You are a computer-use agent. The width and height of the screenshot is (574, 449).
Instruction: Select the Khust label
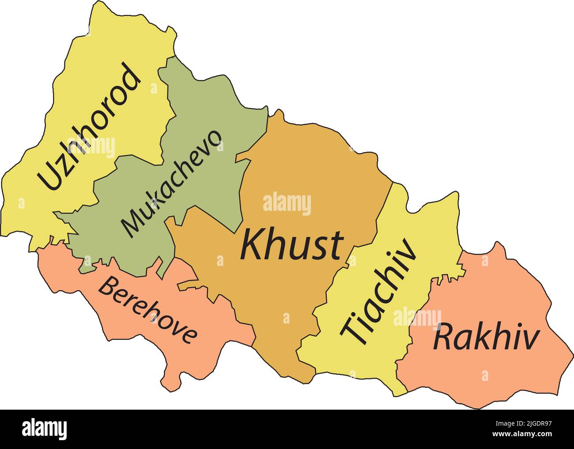pyautogui.click(x=292, y=246)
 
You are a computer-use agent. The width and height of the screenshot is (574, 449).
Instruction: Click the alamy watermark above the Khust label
pyautogui.click(x=287, y=205)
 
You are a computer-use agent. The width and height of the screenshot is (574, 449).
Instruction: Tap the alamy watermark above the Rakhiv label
pyautogui.click(x=417, y=318)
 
